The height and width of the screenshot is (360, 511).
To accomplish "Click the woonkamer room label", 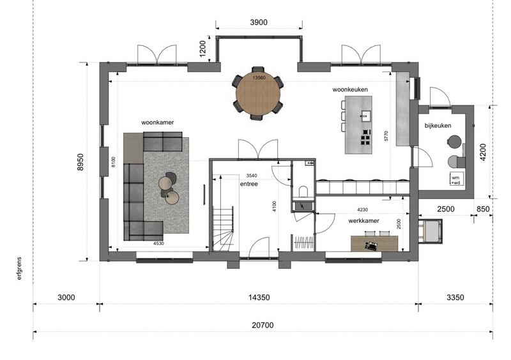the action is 157,123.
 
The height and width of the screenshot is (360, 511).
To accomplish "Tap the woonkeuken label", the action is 350,89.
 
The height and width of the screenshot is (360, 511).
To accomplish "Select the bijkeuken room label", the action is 438,126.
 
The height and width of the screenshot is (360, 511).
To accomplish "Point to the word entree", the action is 249,184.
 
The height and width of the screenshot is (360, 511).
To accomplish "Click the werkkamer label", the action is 363,221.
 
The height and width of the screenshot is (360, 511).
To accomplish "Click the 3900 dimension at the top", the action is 259,22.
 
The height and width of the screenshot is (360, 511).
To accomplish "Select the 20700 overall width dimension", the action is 263,325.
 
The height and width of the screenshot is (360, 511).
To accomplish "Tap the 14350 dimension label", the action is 259,297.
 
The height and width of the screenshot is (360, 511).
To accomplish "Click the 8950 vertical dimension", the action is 80,162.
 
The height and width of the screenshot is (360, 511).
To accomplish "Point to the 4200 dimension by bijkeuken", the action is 483,152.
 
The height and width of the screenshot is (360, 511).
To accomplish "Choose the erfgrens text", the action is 19,269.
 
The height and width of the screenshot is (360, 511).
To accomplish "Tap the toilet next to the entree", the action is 303,191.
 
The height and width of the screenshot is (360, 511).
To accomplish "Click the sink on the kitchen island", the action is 365,116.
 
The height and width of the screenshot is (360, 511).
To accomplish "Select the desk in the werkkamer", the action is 374,244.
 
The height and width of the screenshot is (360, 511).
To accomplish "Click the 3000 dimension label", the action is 66,297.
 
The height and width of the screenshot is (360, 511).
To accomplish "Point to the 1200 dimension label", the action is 202,49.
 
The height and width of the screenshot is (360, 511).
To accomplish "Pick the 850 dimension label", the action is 483,209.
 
